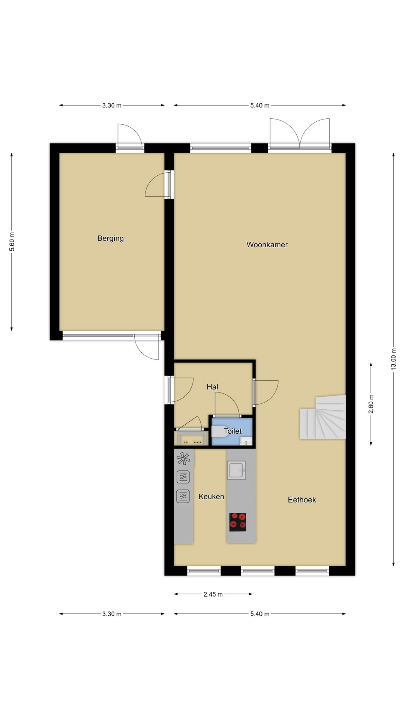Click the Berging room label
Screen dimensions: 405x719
(110, 239)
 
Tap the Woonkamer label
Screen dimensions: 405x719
(267, 245)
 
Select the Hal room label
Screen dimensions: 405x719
(212, 387)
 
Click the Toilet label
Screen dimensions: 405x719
(233, 431)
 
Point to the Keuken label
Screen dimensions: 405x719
(211, 497)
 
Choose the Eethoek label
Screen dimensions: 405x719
(302, 500)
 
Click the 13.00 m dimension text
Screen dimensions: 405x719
(393, 359)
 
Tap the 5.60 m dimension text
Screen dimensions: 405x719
(12, 242)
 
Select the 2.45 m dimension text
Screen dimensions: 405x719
(213, 594)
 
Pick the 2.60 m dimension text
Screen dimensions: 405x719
(371, 404)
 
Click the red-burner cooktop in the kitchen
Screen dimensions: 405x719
(238, 522)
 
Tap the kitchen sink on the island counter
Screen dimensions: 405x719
(236, 470)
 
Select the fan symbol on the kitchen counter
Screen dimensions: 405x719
(183, 458)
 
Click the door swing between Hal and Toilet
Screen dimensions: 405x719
(227, 404)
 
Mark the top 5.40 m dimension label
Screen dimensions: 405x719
(260, 106)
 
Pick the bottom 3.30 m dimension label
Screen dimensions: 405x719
(112, 614)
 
